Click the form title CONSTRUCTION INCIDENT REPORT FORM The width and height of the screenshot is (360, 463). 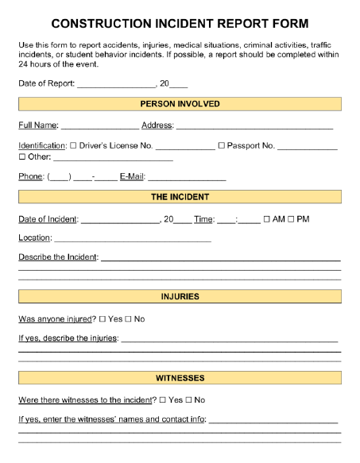pyautogui.click(x=180, y=25)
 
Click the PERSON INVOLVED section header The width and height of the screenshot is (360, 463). pyautogui.click(x=180, y=104)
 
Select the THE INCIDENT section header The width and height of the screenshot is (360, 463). pyautogui.click(x=180, y=197)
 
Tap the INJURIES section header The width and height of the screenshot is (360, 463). pyautogui.click(x=180, y=296)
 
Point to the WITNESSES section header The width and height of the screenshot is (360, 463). pyautogui.click(x=180, y=378)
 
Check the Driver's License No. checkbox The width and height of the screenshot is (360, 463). pyautogui.click(x=73, y=146)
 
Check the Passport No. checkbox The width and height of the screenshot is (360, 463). pyautogui.click(x=222, y=146)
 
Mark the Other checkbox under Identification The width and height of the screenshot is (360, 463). pyautogui.click(x=22, y=157)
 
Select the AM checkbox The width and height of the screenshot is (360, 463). pyautogui.click(x=267, y=219)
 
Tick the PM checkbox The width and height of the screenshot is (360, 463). pyautogui.click(x=291, y=219)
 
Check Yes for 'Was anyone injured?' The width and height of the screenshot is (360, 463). pyautogui.click(x=103, y=319)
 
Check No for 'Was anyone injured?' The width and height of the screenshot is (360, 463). pyautogui.click(x=128, y=319)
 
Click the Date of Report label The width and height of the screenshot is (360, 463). pyautogui.click(x=46, y=84)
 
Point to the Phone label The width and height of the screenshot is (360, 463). pyautogui.click(x=31, y=177)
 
